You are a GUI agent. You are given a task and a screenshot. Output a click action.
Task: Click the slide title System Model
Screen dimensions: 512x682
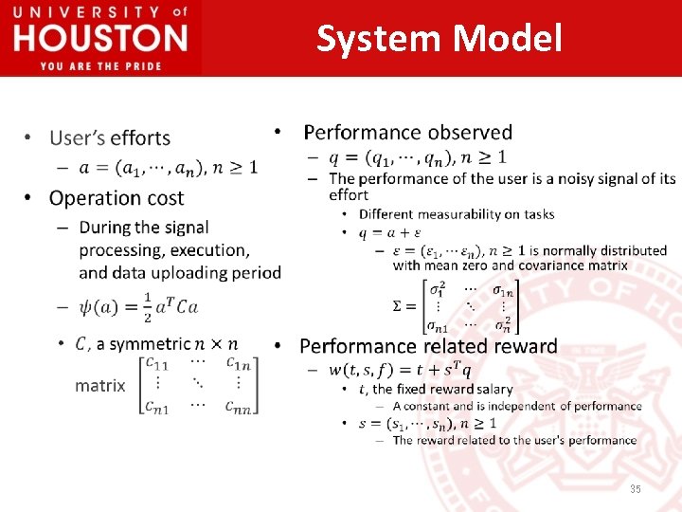click(439, 39)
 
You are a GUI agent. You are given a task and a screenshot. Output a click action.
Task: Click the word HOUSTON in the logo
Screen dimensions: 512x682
click(100, 39)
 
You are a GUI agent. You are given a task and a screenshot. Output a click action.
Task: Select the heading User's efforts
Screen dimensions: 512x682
click(109, 138)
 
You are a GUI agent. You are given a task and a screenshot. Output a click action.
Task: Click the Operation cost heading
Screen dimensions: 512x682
click(117, 198)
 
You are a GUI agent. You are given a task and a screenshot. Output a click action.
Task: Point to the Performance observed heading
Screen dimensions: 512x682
click(407, 133)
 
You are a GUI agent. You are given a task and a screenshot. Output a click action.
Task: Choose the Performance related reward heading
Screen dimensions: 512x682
click(428, 346)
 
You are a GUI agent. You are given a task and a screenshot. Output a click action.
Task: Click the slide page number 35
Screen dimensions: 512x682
click(636, 489)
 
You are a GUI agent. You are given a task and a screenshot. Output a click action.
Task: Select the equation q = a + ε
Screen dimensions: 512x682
click(390, 232)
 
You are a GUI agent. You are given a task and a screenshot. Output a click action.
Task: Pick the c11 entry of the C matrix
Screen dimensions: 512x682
click(157, 363)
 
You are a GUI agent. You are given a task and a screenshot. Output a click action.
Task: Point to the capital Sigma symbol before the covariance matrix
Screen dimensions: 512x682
click(401, 305)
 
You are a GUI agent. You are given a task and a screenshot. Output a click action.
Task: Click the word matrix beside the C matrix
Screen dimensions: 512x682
click(99, 386)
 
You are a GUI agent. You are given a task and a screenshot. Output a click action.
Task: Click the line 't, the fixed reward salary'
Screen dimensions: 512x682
click(436, 389)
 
